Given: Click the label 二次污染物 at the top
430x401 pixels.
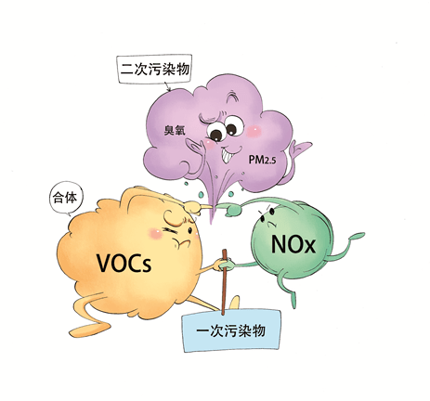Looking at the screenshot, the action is pyautogui.click(x=154, y=69).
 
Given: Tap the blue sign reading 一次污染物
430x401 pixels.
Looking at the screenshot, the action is pyautogui.click(x=232, y=330).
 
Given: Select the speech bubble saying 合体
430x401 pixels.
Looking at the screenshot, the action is pyautogui.click(x=66, y=198).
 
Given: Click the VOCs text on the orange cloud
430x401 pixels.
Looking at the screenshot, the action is pyautogui.click(x=124, y=263).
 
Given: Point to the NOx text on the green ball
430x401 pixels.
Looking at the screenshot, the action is pyautogui.click(x=293, y=244).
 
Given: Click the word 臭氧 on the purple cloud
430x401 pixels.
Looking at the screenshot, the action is pyautogui.click(x=175, y=131).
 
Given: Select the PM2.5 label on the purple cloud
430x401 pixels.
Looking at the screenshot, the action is pyautogui.click(x=262, y=160).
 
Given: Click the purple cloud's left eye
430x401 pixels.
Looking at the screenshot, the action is pyautogui.click(x=215, y=133).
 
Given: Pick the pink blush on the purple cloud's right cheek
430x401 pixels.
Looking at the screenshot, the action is pyautogui.click(x=254, y=131).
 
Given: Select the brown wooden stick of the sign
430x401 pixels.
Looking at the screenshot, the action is pyautogui.click(x=224, y=282).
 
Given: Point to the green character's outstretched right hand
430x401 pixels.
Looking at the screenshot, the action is pyautogui.click(x=356, y=236).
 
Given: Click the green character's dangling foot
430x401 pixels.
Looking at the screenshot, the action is pyautogui.click(x=293, y=300).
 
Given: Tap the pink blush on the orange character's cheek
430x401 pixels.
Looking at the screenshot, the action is pyautogui.click(x=156, y=234).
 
